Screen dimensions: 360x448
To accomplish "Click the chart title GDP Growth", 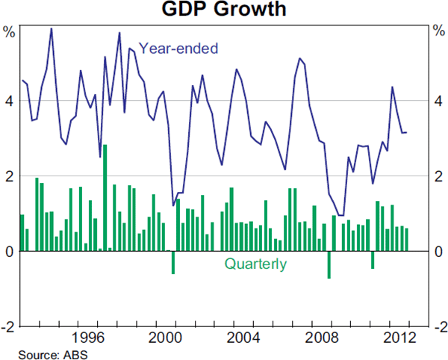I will [224, 10].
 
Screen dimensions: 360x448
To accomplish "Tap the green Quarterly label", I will [255, 264].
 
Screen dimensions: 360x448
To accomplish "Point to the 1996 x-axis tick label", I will [88, 337].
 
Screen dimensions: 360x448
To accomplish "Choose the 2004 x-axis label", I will [243, 337].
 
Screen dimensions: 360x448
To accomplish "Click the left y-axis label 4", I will [9, 101].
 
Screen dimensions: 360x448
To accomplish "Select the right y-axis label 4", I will [439, 101].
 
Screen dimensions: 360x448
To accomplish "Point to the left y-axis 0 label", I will [9, 252].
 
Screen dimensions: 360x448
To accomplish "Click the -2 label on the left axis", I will [7, 327].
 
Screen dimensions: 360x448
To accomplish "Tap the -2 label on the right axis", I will [439, 327].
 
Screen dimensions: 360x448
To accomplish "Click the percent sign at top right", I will [439, 31].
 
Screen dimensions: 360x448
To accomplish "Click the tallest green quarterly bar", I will [105, 198].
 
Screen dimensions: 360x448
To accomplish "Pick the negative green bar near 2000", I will [173, 262].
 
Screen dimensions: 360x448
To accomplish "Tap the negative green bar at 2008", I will [329, 264].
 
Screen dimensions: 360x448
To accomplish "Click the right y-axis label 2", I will [439, 176].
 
